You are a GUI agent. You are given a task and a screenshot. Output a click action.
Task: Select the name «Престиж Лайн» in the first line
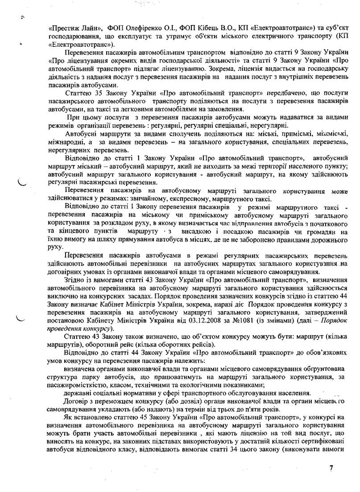point(68,28)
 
